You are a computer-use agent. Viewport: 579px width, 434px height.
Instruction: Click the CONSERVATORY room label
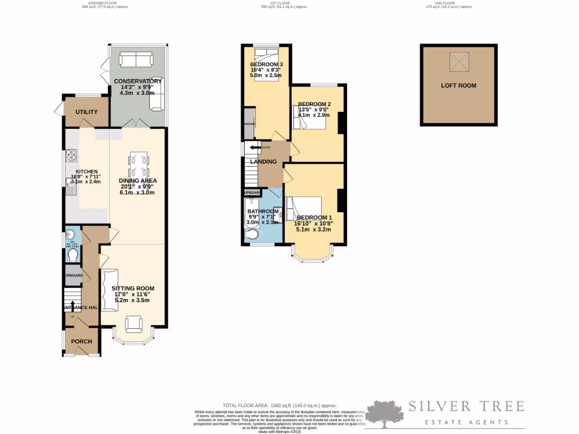(138, 81)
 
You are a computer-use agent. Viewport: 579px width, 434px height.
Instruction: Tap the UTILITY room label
(87, 112)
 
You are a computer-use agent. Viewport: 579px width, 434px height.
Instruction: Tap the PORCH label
(81, 342)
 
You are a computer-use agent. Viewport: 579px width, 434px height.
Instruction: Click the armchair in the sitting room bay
(133, 323)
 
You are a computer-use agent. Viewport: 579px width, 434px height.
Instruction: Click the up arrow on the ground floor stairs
(72, 306)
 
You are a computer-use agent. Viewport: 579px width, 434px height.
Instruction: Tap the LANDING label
(263, 162)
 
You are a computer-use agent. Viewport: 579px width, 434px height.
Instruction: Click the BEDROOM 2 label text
(314, 105)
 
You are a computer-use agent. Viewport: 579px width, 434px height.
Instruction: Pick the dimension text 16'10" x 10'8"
(313, 223)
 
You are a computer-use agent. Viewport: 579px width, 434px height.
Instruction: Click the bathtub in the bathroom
(249, 212)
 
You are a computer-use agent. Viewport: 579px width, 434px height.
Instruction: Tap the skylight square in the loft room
(459, 62)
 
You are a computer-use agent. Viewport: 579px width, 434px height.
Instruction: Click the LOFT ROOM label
(459, 86)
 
